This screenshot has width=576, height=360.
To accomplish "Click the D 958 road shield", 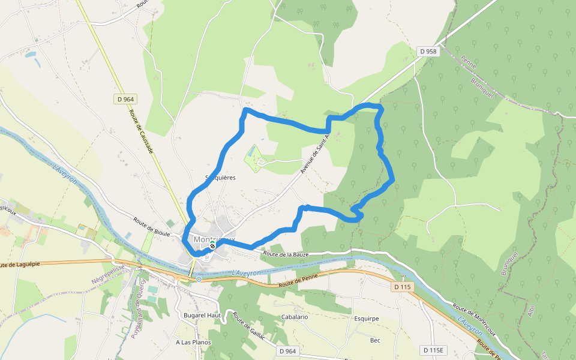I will [x=429, y=52].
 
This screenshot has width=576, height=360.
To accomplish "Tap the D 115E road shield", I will [x=433, y=350].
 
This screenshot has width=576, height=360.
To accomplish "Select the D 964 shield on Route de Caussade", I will [x=125, y=99].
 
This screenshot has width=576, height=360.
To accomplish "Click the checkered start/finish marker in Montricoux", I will [x=212, y=246].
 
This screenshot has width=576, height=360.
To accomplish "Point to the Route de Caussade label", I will [x=143, y=133].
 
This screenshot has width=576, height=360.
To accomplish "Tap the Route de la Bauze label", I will [x=286, y=255].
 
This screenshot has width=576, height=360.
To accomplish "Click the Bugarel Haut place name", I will [x=203, y=315].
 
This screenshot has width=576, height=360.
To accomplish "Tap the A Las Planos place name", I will [x=193, y=343].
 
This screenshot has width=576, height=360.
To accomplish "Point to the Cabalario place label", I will [x=294, y=316].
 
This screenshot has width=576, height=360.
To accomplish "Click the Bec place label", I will [x=375, y=340].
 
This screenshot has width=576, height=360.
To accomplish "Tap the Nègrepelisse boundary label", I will [x=108, y=274].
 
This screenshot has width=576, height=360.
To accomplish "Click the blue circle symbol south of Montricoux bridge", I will [x=199, y=279].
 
